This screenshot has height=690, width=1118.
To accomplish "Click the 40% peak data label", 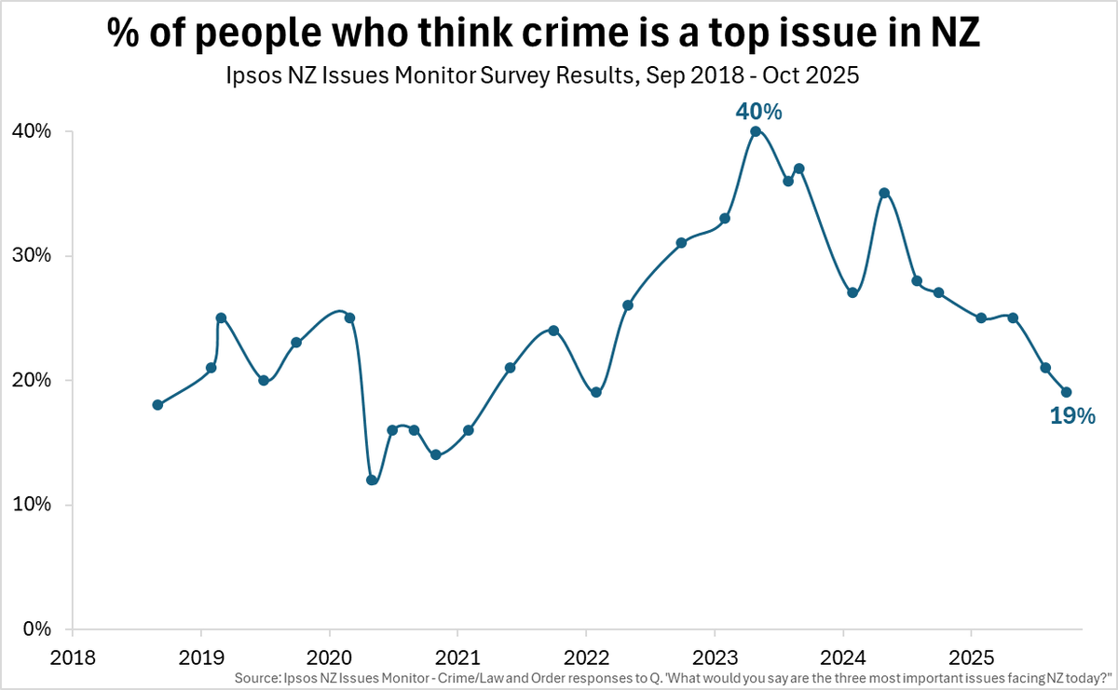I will [758, 112].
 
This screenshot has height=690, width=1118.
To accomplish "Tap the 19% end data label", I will [1072, 416].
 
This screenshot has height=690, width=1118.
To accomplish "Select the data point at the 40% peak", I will [756, 131].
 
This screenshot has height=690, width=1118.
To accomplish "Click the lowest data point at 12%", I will [372, 480].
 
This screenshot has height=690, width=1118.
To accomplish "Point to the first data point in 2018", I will [157, 405].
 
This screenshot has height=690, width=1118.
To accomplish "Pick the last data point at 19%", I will [1067, 392].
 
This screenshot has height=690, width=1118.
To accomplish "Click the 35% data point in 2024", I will [884, 194].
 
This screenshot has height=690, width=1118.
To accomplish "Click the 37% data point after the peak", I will [798, 169].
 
